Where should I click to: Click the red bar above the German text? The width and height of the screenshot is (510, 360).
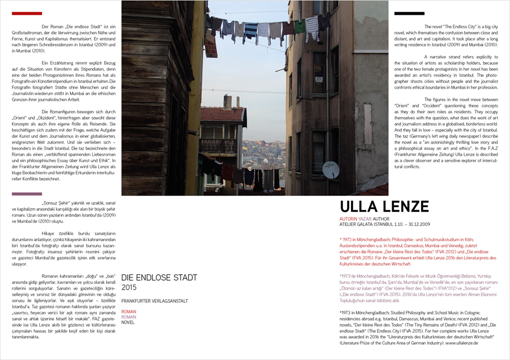point(27,13)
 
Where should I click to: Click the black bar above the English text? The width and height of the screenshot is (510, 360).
point(409,13)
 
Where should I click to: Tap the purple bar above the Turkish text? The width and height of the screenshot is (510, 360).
point(27,194)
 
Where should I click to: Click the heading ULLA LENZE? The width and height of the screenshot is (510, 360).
point(377,207)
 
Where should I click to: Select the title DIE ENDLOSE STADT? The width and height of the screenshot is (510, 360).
point(159,278)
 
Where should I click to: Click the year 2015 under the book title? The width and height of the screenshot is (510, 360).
point(129,288)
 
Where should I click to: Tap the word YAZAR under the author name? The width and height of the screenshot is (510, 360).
point(364,219)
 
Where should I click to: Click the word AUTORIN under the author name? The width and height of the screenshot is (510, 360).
point(349,219)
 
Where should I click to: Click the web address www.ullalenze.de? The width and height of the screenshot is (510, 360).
point(461,344)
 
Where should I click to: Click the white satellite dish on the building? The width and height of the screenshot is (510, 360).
point(330,169)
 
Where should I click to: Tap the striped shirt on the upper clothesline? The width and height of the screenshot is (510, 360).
point(251,32)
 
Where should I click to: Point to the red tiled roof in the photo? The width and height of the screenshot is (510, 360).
point(221,114)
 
